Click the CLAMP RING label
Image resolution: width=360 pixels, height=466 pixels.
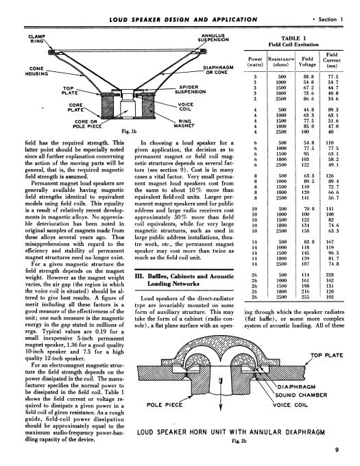(x=36, y=38)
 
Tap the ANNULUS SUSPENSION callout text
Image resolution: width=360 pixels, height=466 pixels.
(x=213, y=38)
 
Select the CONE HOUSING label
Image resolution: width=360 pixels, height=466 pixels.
(x=36, y=71)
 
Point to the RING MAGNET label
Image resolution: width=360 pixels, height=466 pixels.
(x=184, y=123)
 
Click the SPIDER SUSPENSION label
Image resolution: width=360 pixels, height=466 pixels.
(x=190, y=90)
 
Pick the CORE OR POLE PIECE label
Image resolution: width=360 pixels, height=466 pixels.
(x=87, y=124)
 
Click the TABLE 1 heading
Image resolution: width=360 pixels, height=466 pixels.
(x=293, y=38)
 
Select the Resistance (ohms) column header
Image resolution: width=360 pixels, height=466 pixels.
(x=281, y=62)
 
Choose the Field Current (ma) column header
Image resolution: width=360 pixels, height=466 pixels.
(x=331, y=60)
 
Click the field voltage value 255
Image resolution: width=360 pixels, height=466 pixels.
(x=305, y=297)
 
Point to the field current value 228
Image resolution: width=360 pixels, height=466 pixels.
(x=330, y=275)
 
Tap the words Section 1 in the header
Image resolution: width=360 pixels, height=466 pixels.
(x=331, y=19)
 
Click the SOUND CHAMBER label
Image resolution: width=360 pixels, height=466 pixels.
(x=301, y=395)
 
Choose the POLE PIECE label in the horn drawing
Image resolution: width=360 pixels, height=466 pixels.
(x=165, y=405)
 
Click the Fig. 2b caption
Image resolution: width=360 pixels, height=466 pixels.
(x=239, y=441)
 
